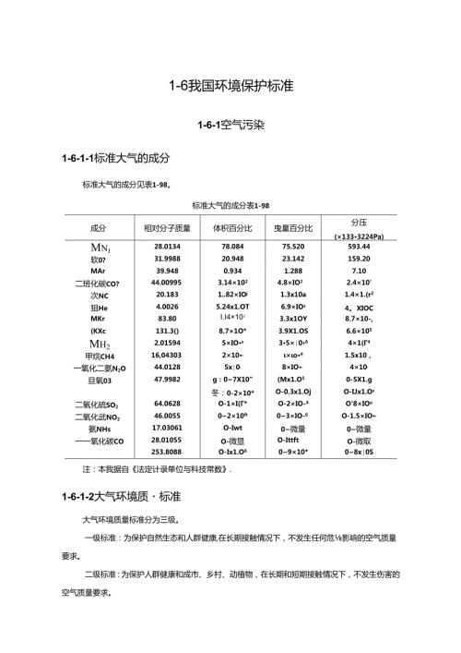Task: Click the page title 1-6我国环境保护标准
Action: tap(230, 86)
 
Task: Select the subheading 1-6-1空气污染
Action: tap(230, 124)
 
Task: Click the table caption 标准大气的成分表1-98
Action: tap(230, 204)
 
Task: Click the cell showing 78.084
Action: tap(231, 247)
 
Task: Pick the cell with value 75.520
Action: tap(293, 247)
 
